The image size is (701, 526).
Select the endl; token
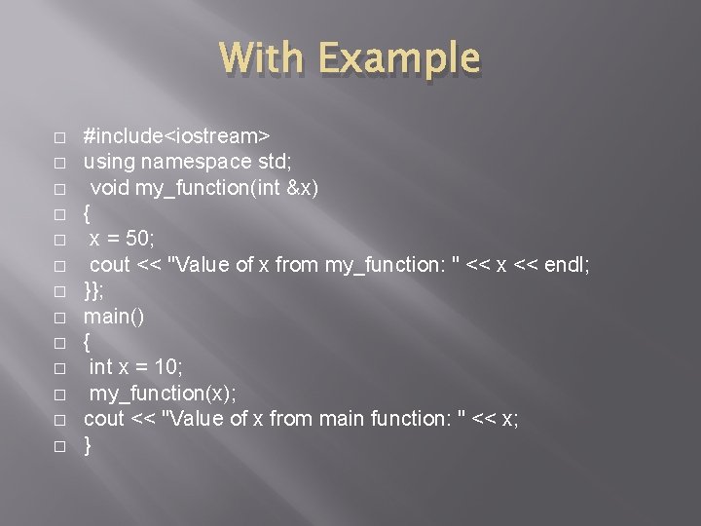click(566, 265)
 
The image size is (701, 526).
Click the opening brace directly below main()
click(88, 343)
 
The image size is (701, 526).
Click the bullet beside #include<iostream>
click(59, 135)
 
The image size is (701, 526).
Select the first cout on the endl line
click(109, 265)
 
